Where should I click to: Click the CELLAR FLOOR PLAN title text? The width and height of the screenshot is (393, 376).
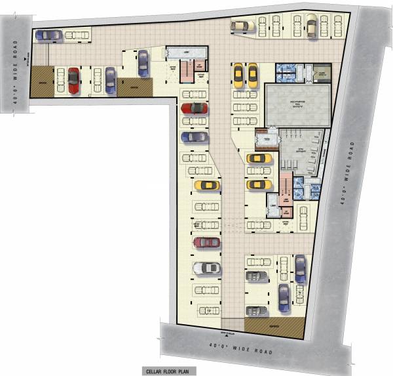tap(168, 370)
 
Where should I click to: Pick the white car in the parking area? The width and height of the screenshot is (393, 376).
tap(206, 268)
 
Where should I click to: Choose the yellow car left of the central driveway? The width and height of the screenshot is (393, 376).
tap(206, 186)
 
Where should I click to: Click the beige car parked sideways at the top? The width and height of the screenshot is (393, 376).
tap(242, 25)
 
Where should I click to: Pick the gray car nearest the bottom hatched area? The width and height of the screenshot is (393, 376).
tap(256, 311)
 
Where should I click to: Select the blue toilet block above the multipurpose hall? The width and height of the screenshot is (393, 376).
tap(286, 72)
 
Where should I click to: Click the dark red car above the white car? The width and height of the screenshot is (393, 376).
tap(206, 243)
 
